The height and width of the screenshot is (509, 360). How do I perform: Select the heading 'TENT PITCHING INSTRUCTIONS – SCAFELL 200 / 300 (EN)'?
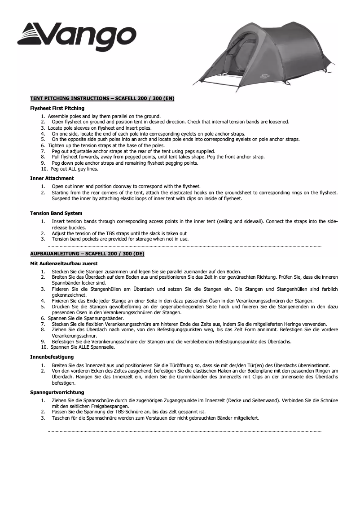[102, 98]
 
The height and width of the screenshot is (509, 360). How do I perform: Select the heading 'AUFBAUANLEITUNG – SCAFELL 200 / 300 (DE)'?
[87, 254]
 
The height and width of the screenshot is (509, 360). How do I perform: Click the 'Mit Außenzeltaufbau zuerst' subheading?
[64, 263]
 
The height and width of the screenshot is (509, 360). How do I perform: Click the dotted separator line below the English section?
[184, 246]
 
